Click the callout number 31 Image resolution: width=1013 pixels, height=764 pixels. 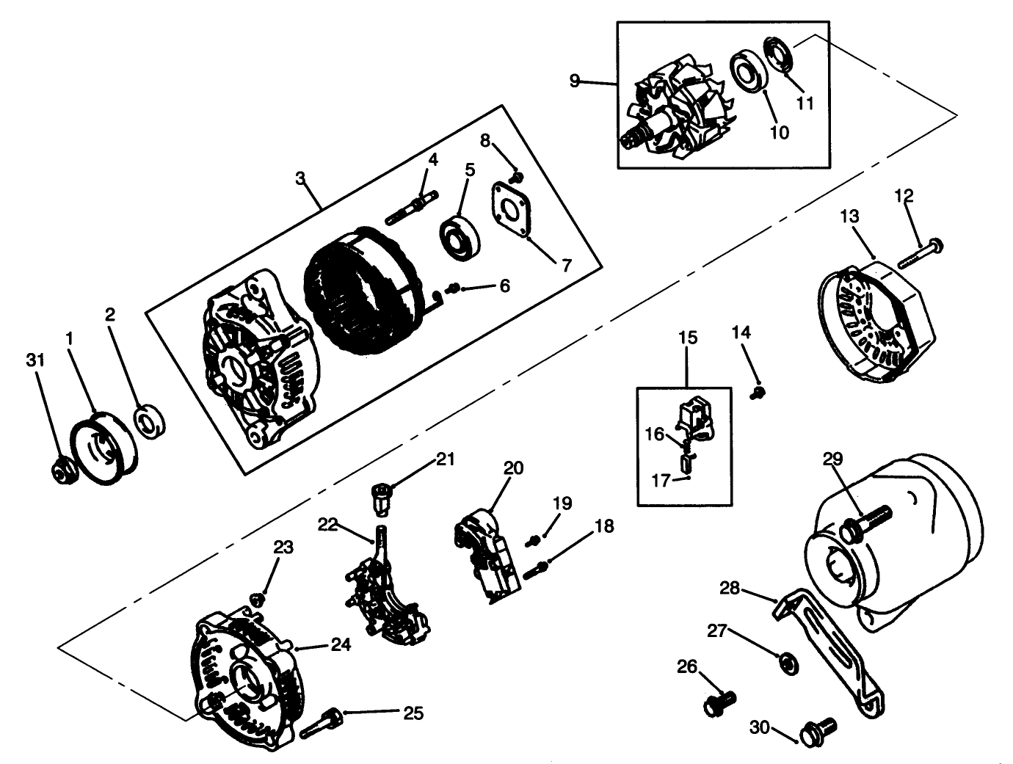[x=35, y=360]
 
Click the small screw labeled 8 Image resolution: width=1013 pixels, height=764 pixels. [x=517, y=177]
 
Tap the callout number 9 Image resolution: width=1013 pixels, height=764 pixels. [x=575, y=80]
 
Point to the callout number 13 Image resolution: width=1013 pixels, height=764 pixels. [x=849, y=217]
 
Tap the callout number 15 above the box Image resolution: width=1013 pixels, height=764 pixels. [x=688, y=338]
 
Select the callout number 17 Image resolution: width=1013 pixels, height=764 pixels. [x=661, y=481]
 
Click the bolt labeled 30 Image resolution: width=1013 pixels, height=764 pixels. [x=816, y=730]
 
